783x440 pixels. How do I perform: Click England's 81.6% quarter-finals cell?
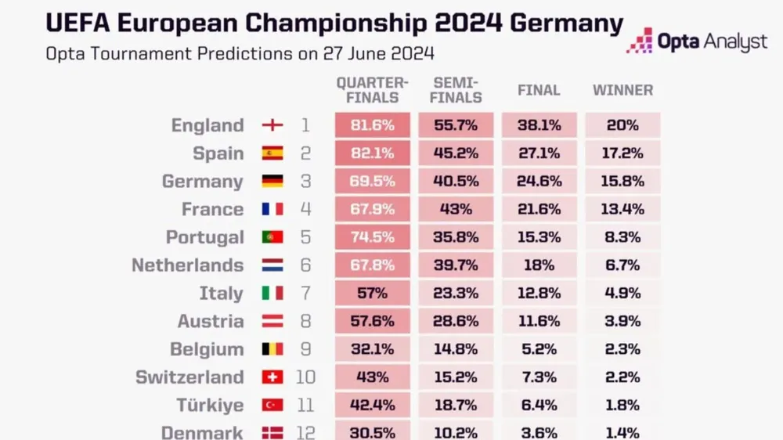(373, 125)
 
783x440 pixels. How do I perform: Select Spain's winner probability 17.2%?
(622, 153)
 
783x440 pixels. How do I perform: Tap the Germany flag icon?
(272, 182)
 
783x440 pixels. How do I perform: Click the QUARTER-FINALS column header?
(373, 90)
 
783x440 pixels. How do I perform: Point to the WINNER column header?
(622, 90)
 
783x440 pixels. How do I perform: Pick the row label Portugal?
(205, 237)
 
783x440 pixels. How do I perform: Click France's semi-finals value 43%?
(456, 209)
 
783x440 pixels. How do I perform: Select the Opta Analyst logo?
(697, 41)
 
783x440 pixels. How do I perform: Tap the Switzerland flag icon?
(272, 377)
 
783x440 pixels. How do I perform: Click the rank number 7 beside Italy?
(305, 294)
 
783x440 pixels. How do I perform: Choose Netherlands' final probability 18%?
(539, 265)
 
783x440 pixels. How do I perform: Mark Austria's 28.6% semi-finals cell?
(456, 321)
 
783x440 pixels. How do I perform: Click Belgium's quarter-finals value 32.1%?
(373, 349)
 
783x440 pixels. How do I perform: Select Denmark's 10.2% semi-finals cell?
(456, 431)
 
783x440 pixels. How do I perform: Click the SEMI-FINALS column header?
(456, 90)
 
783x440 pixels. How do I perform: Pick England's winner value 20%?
(622, 125)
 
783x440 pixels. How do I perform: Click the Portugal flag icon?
(272, 237)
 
